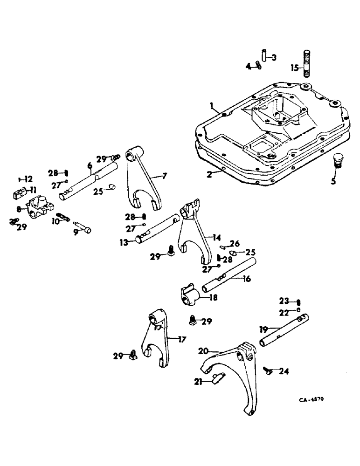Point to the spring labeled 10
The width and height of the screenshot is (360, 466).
(63, 217)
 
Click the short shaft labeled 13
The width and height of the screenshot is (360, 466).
(156, 230)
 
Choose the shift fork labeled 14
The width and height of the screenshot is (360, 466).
(192, 233)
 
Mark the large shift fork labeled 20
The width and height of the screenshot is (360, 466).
(233, 377)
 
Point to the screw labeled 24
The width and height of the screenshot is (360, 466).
(269, 370)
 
